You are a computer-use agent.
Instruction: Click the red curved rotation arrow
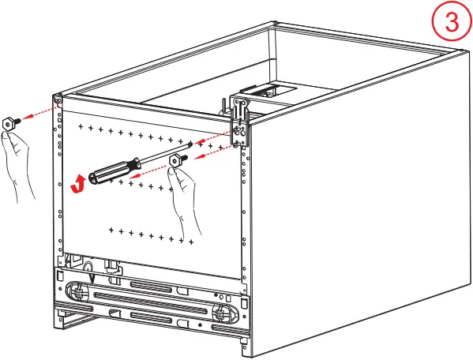coord(77,184)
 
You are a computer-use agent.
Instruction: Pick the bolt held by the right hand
coord(175,161)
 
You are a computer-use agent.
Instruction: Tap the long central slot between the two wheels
coord(150,301)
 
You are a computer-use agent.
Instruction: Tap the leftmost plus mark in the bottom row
coord(111,231)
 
